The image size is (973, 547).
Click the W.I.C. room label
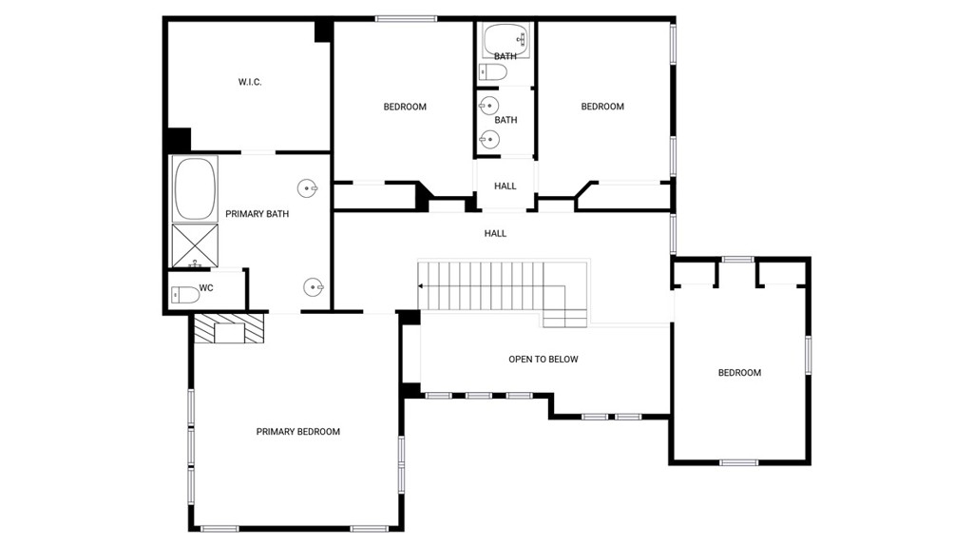250,82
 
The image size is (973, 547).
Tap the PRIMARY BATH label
257,214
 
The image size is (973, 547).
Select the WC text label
206,288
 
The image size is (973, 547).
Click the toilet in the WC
185,295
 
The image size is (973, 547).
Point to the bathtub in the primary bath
195,189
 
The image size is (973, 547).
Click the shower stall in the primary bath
195,246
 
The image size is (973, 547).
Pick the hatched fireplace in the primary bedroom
229,328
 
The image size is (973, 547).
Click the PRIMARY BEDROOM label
297,431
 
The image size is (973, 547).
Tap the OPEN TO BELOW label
543,360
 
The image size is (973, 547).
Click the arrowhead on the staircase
421,286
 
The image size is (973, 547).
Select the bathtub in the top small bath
506,40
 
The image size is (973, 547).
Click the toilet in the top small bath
493,72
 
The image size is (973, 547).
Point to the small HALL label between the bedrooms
506,186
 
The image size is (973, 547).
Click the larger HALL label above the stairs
495,234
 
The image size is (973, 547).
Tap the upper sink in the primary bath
307,187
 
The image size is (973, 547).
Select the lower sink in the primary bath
314,287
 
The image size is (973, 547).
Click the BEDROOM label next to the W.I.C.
405,107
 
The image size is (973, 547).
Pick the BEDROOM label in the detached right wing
739,373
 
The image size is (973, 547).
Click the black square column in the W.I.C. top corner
323,31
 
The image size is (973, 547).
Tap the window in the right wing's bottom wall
738,462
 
